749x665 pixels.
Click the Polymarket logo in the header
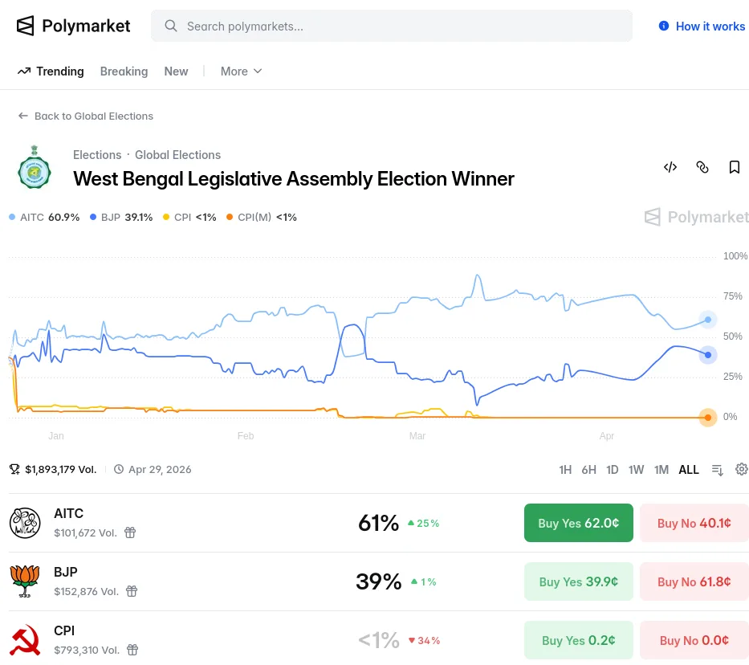(x=73, y=26)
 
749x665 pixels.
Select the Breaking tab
(x=124, y=71)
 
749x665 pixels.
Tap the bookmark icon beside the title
(x=734, y=167)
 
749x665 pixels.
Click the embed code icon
(x=670, y=167)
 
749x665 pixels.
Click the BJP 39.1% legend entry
(x=121, y=217)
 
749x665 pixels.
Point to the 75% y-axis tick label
(x=732, y=296)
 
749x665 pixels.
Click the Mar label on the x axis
(x=417, y=436)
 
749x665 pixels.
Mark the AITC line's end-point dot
(x=707, y=320)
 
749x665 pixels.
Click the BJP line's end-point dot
(x=707, y=355)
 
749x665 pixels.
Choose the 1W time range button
(x=636, y=470)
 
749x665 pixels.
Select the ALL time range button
(x=689, y=470)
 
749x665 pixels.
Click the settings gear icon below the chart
(x=742, y=469)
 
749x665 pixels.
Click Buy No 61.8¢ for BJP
(x=694, y=581)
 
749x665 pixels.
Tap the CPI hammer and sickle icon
(x=25, y=640)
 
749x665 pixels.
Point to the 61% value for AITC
(x=378, y=524)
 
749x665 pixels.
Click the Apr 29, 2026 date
(x=160, y=470)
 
